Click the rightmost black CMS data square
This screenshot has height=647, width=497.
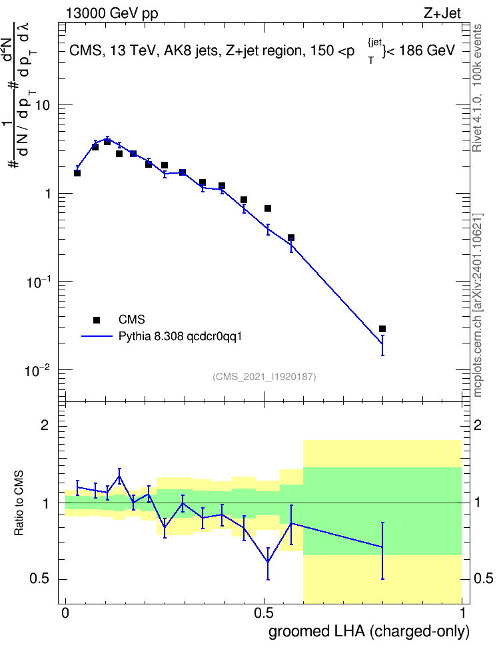tap(382, 329)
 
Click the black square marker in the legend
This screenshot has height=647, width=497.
tap(97, 320)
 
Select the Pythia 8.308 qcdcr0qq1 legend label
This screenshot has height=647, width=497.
tap(180, 337)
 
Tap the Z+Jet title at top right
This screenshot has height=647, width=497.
tap(442, 13)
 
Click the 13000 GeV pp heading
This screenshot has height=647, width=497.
tap(112, 14)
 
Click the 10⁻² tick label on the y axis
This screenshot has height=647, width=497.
tap(37, 371)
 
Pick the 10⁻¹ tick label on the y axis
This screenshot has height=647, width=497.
tap(37, 282)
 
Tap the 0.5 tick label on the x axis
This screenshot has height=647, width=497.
tap(264, 613)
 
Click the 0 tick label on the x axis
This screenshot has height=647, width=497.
tap(65, 613)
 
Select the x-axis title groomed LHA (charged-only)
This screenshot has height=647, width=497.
tap(369, 631)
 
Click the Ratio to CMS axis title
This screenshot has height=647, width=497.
tap(19, 503)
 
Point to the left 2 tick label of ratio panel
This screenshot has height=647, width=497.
tap(45, 425)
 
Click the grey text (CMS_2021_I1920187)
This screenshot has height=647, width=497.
tap(264, 377)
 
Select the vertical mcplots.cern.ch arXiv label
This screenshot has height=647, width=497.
tap(478, 305)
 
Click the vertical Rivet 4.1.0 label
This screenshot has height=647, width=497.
tap(477, 88)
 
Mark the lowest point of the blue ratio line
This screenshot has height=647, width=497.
tap(268, 562)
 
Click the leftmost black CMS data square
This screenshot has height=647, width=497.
tap(77, 173)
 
